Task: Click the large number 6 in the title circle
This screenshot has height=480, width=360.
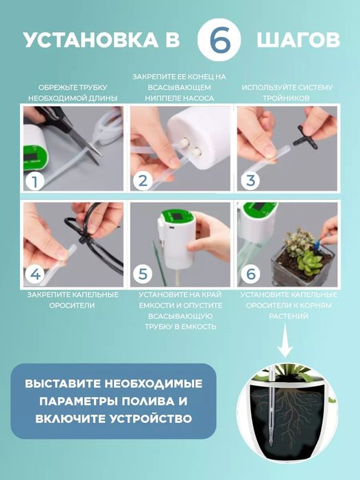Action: pyautogui.click(x=221, y=40)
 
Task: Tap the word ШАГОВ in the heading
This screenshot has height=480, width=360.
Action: pyautogui.click(x=298, y=40)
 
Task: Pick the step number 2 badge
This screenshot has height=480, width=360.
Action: pyautogui.click(x=143, y=181)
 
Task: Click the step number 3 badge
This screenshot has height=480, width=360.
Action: pyautogui.click(x=250, y=181)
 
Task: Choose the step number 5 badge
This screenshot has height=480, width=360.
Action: pyautogui.click(x=143, y=274)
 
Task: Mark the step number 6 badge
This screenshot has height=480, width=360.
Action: pyautogui.click(x=250, y=274)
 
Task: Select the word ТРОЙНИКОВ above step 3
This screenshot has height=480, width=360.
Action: pyautogui.click(x=287, y=98)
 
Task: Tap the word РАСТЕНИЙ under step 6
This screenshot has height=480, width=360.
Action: pyautogui.click(x=287, y=316)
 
